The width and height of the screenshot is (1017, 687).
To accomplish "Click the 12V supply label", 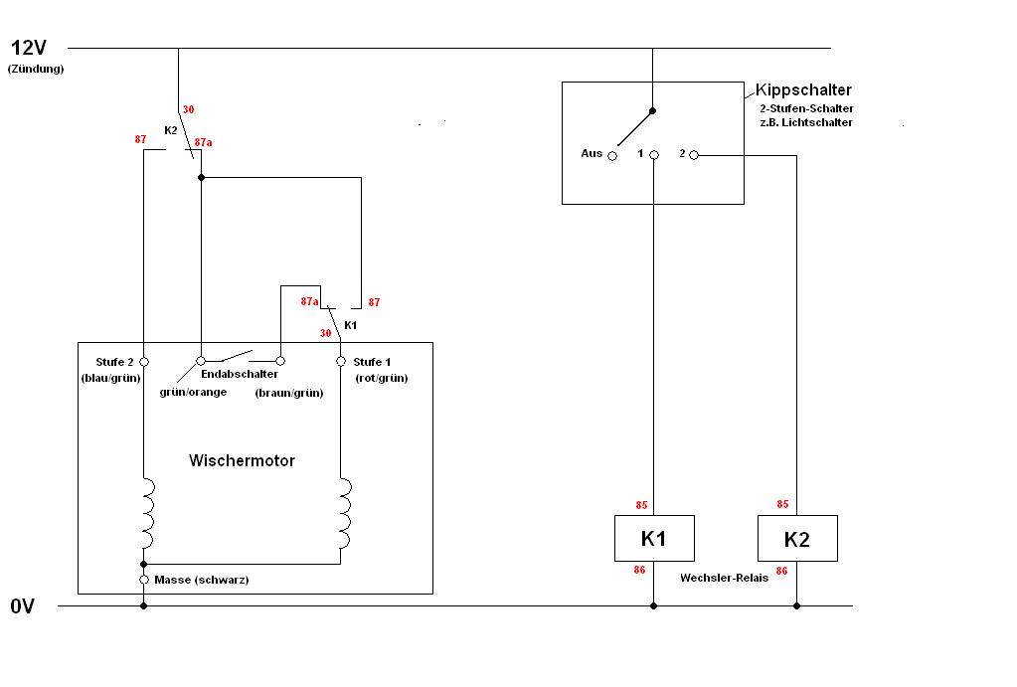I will coord(29,47).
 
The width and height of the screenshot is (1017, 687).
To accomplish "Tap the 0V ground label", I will coord(23,606).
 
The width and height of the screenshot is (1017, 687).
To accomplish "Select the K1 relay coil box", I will coord(653,539).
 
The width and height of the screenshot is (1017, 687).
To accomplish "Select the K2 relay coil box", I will coord(796,539).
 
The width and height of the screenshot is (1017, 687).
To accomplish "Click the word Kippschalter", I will coord(803,89).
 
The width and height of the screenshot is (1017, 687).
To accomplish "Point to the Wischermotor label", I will coord(242,460).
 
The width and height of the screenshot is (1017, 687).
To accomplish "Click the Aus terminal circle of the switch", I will coord(612,155).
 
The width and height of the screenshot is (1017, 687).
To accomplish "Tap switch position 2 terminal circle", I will coord(694,154).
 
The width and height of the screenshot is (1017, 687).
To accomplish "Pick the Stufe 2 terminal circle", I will coord(144,361).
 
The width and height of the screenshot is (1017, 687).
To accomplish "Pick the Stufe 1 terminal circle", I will coord(341,361).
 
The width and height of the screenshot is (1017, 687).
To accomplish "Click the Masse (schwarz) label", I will coord(202,580).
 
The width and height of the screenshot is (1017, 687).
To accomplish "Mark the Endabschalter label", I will coord(240,374).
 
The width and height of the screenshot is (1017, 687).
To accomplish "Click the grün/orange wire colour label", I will coord(193,392).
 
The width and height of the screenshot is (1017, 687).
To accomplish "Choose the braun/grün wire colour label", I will coord(289,393).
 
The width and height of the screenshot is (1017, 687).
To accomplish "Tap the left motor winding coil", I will coord(147,513).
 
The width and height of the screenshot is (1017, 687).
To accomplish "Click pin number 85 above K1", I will coord(641,505).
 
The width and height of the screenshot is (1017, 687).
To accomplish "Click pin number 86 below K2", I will coord(782,571).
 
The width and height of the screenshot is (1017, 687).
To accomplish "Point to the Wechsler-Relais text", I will coord(724,578).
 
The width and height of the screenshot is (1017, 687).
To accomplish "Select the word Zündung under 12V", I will coord(35,70).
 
